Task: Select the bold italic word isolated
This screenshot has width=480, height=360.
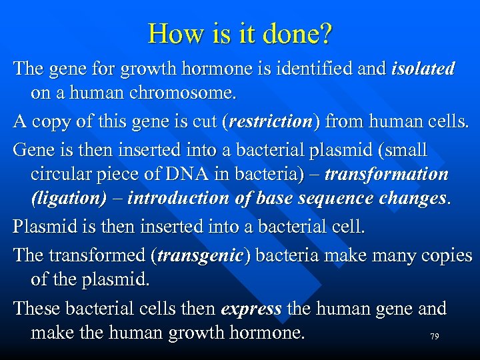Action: [x=423, y=69]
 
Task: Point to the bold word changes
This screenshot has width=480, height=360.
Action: [x=407, y=199]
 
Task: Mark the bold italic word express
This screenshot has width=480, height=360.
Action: [x=250, y=309]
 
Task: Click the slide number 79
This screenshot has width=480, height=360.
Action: [x=434, y=337]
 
